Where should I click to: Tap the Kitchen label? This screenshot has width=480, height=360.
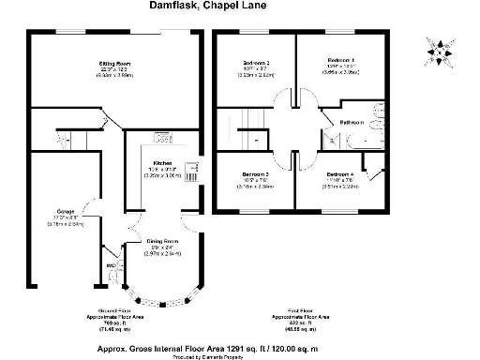pyautogui.click(x=161, y=163)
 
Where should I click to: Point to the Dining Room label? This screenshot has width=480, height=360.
pyautogui.click(x=161, y=241)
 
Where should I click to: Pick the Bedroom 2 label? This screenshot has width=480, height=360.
pyautogui.click(x=255, y=62)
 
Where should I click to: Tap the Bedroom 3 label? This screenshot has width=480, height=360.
pyautogui.click(x=255, y=175)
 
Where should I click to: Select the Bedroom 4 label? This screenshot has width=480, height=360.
pyautogui.click(x=340, y=175)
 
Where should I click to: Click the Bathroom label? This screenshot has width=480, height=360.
pyautogui.click(x=352, y=123)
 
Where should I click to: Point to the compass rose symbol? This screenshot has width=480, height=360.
pyautogui.click(x=439, y=47)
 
